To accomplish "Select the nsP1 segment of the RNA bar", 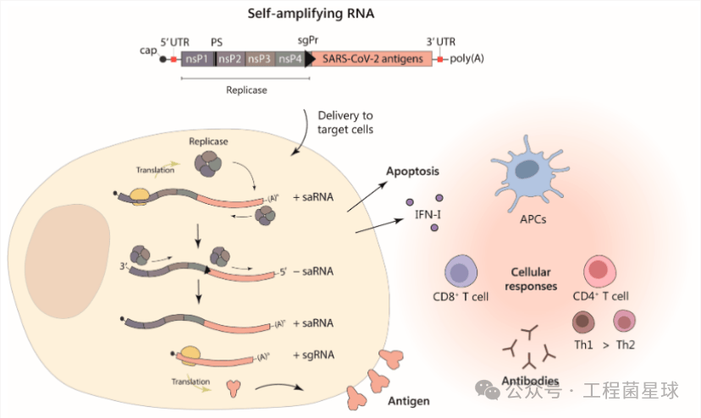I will pos(197,59).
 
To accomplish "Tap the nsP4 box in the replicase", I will pos(290,59).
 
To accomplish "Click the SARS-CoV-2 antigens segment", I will pos(372,59).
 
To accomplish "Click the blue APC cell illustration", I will pos(533,175).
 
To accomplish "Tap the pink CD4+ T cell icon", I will pos(602,272).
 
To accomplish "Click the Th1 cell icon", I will pos(584,322).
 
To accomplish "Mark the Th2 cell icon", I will pos(625,322).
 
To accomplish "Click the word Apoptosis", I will pos(413,171).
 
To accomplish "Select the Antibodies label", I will pos(530,381).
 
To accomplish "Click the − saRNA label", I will pos(312,271).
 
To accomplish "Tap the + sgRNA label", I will pos(312,357).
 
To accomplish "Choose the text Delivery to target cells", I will pos(345,122).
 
